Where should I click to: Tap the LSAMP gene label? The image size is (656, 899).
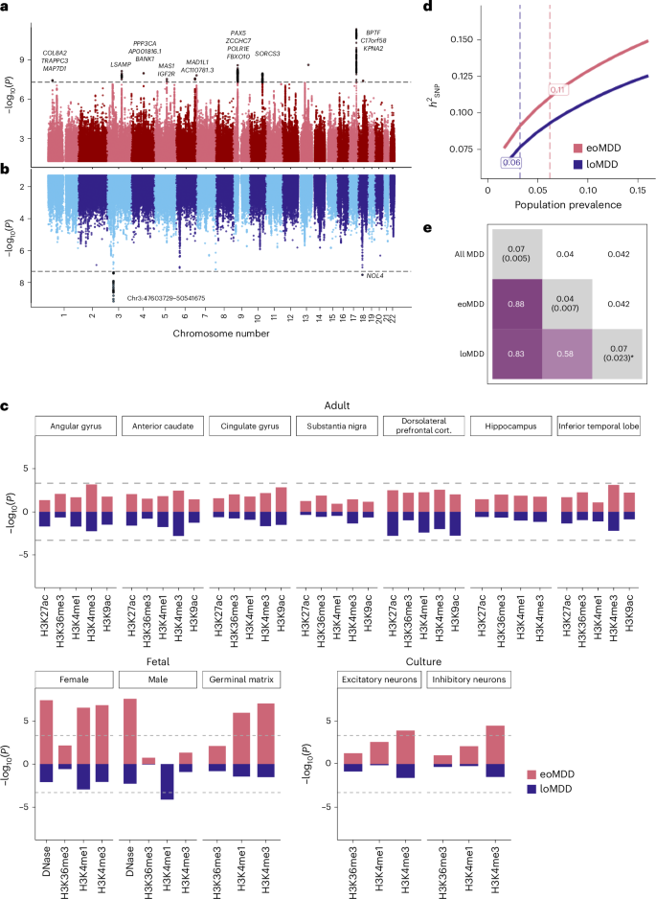[x=121, y=64]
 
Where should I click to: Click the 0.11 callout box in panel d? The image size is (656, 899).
[x=558, y=89]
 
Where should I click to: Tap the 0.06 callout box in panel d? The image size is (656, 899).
[x=509, y=163]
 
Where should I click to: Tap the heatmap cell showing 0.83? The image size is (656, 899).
[x=517, y=354]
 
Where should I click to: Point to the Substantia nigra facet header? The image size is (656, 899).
[x=337, y=425]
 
